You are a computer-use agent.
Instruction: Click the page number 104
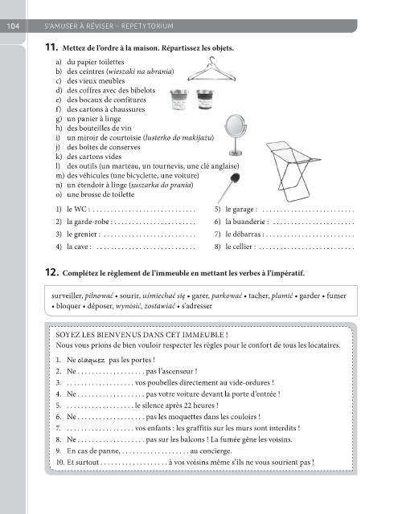click(13, 26)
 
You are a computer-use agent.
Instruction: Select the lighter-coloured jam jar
click(178, 100)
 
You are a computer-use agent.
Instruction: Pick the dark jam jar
click(205, 100)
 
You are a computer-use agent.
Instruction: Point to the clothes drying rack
click(293, 171)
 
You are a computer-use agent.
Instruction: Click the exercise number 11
click(51, 47)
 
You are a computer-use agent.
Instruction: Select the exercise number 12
click(51, 272)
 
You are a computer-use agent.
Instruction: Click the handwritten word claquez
click(92, 361)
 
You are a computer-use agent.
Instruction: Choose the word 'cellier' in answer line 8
click(242, 247)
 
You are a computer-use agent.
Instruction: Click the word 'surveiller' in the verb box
click(67, 296)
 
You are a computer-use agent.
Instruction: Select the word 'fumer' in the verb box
click(336, 296)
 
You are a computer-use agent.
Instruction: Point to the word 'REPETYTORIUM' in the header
click(147, 27)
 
